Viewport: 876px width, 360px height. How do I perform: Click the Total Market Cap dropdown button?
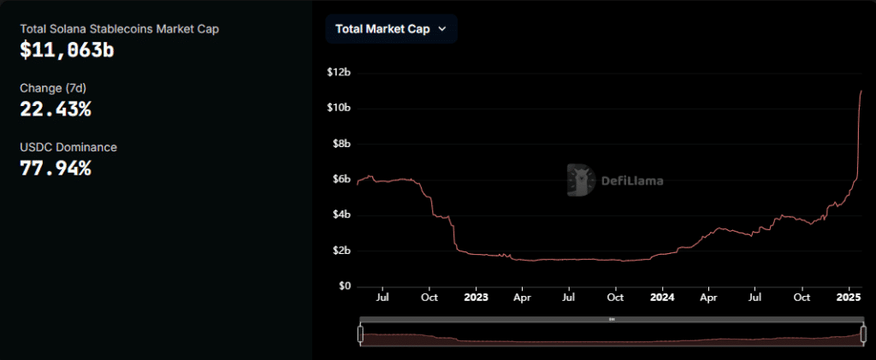coord(391,28)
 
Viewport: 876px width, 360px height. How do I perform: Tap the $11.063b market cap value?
coord(68,50)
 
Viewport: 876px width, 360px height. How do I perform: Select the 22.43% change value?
coord(56,109)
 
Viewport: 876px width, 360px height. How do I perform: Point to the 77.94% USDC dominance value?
coord(56,168)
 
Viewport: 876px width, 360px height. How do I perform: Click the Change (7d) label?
coord(53,88)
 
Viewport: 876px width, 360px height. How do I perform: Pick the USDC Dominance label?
coord(68,147)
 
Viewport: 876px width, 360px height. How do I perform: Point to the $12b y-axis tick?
coord(339,72)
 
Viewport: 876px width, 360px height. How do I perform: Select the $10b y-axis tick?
coord(339,108)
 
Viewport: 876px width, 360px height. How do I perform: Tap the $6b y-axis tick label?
coord(340,179)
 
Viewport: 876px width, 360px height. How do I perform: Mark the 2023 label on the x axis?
coord(476,298)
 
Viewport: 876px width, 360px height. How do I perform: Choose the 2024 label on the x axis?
coord(661,298)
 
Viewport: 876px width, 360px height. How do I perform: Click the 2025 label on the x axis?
coord(848,298)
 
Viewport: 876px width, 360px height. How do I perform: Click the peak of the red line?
coord(861,91)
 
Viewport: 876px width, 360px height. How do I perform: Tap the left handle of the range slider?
coord(361,334)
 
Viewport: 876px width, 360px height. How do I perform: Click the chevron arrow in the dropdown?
coord(442,28)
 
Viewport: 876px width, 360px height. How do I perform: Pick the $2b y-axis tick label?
coord(340,251)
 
